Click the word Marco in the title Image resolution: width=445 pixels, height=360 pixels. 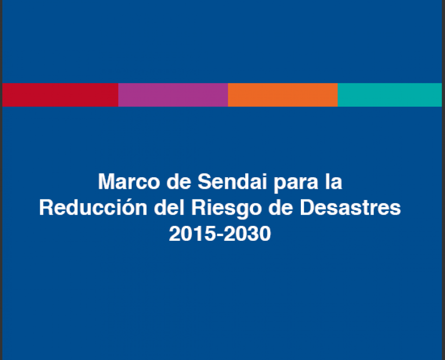tap(129, 181)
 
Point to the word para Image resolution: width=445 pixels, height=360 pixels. tap(296, 184)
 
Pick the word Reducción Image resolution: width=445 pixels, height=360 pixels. tap(93, 207)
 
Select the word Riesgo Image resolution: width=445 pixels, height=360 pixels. tap(226, 209)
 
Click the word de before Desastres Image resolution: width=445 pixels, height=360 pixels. tap(280, 207)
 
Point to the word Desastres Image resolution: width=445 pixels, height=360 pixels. tap(350, 207)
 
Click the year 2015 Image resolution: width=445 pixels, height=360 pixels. tap(192, 233)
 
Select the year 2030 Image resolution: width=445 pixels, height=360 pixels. tap(247, 233)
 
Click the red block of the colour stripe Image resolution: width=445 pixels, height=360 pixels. tap(60, 95)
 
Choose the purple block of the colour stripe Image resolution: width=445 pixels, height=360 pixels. tap(173, 95)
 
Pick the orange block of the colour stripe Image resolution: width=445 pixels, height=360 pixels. tap(283, 95)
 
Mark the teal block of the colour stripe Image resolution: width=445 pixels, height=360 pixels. tap(390, 95)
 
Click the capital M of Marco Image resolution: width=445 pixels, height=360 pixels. tap(107, 181)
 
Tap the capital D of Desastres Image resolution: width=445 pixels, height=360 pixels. tap(308, 207)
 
